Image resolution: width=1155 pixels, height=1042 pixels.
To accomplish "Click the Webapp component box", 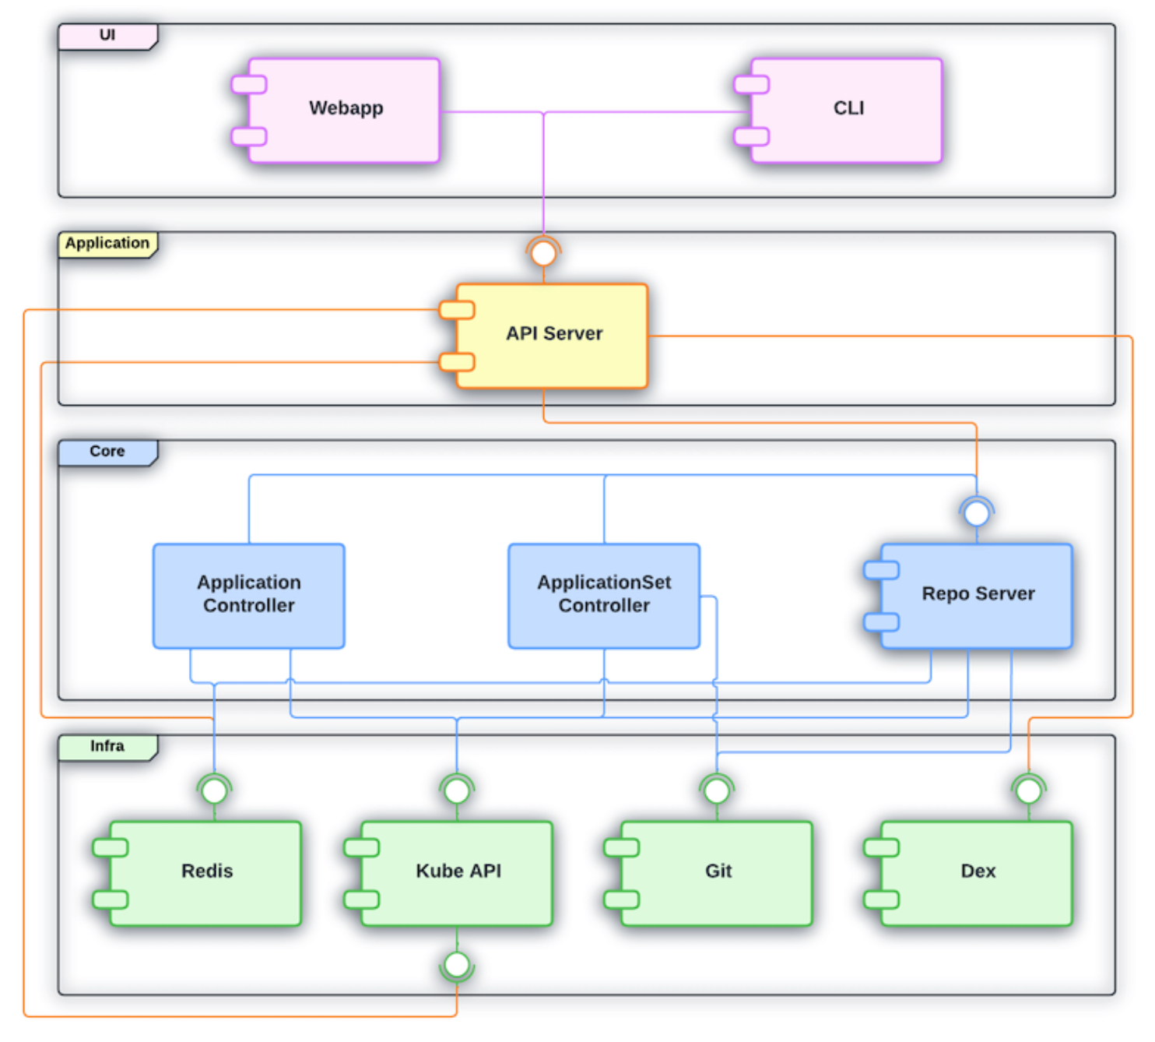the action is (344, 110).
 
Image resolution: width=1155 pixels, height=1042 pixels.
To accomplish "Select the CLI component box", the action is (846, 110).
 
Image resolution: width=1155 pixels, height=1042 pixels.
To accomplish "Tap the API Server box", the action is (552, 336).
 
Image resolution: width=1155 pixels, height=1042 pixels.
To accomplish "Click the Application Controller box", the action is (249, 596).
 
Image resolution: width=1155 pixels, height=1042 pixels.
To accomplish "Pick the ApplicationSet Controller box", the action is (604, 596).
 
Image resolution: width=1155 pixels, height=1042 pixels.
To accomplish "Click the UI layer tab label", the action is (107, 37).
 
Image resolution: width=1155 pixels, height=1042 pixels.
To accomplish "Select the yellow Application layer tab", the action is (107, 245).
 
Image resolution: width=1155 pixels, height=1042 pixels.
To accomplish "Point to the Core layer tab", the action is (107, 452).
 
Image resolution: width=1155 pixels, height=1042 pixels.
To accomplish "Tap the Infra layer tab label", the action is (107, 748).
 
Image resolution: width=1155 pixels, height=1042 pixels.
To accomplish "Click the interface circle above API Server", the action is (543, 253).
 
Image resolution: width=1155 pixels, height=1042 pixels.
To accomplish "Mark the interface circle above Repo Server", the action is (977, 513).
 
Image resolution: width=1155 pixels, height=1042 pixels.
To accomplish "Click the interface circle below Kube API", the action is (457, 965).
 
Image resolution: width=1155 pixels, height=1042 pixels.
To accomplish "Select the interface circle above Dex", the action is (1029, 791).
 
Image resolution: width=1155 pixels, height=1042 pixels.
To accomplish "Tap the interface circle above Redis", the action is (214, 791).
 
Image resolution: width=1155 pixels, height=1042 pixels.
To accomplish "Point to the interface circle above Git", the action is (717, 791).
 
